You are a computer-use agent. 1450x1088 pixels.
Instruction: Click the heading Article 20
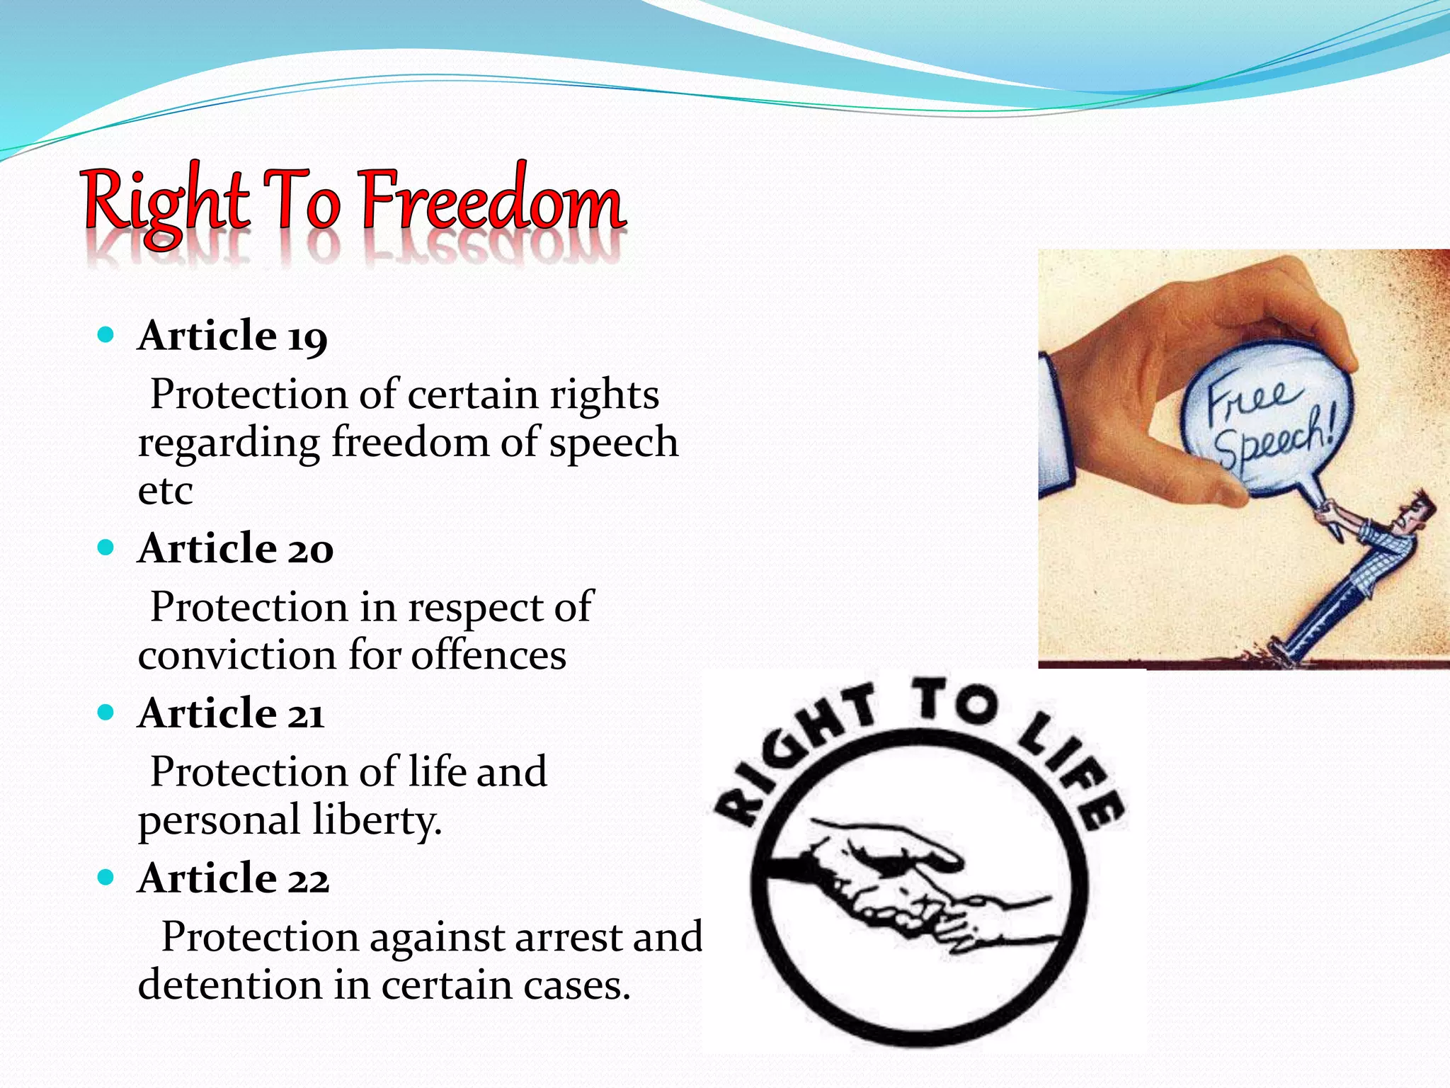[x=235, y=548]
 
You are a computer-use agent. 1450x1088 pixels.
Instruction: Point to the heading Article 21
[x=231, y=713]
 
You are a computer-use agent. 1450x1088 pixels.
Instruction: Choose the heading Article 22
[x=233, y=878]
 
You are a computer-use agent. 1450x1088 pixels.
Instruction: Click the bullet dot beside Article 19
[x=106, y=334]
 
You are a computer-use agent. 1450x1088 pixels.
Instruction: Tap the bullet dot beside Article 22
[x=106, y=878]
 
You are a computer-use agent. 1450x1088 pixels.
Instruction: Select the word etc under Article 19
[x=165, y=491]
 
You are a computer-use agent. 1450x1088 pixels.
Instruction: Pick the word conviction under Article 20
[x=236, y=655]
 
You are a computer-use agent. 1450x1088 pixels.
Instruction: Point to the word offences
[x=489, y=655]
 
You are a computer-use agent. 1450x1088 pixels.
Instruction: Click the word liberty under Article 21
[x=377, y=821]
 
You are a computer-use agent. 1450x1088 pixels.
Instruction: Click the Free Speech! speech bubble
[x=1267, y=425]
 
